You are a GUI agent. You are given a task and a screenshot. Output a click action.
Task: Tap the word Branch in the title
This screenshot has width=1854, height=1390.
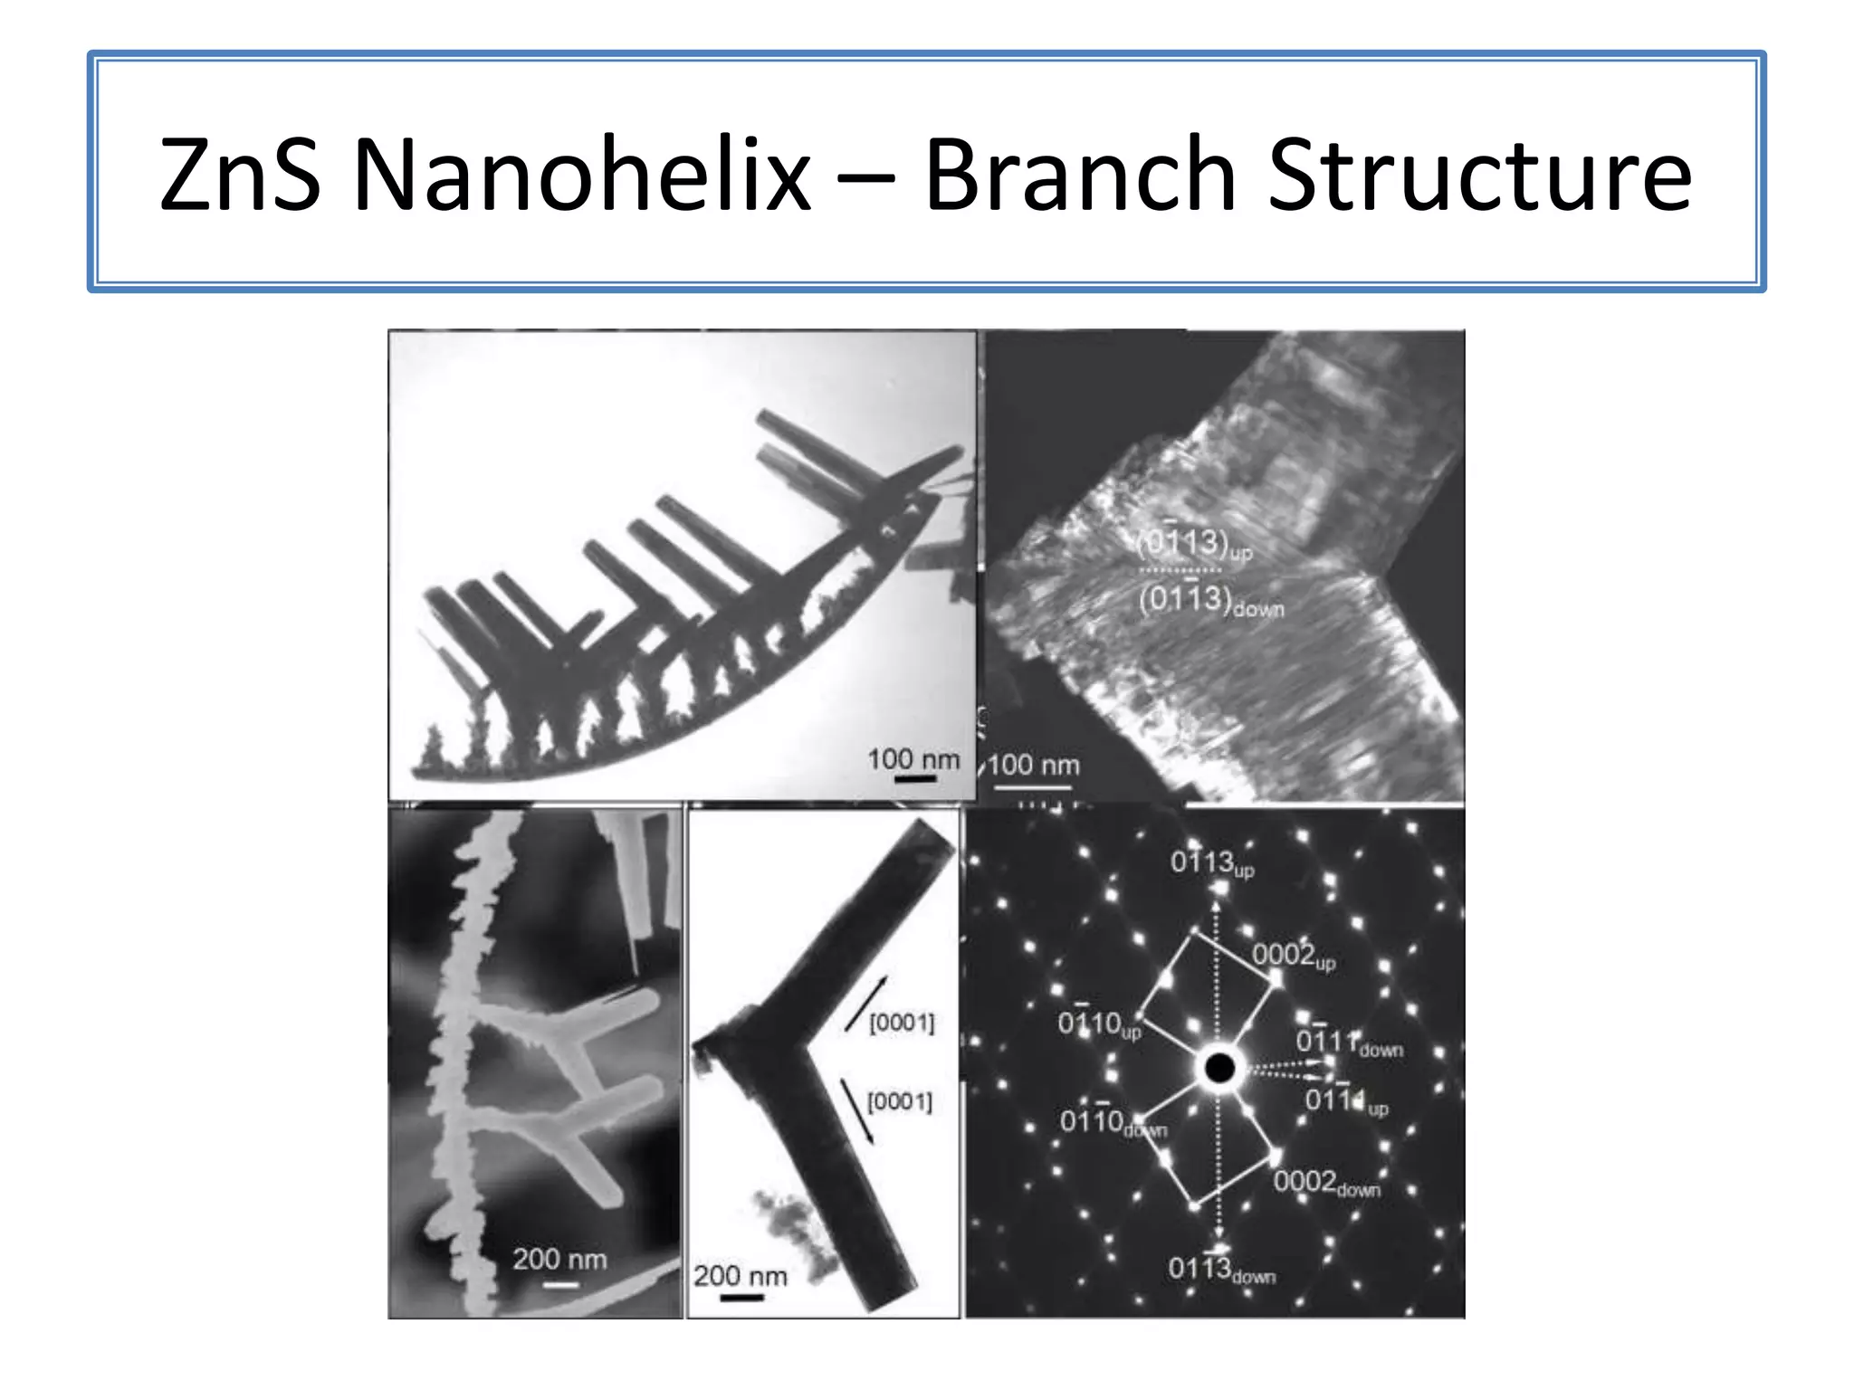tap(1080, 173)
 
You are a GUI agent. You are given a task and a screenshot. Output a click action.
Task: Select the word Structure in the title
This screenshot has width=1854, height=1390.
tap(1478, 173)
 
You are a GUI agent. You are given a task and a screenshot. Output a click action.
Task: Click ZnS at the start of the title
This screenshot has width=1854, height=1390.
tap(239, 173)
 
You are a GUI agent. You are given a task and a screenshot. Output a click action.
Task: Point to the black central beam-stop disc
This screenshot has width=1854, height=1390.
tap(1218, 1069)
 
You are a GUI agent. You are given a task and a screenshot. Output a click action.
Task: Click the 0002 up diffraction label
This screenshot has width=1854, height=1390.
tap(1293, 956)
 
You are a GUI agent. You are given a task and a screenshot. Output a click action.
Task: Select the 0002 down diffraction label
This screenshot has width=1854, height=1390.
tap(1326, 1183)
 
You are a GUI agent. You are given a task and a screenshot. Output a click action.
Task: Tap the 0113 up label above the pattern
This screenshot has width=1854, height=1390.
tap(1211, 862)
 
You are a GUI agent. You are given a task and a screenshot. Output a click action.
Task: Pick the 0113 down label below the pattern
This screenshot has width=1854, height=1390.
tap(1220, 1270)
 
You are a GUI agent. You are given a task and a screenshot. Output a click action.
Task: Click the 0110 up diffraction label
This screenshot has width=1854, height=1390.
tap(1098, 1024)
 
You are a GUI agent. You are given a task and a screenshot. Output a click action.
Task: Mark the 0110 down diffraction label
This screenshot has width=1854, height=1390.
tap(1113, 1123)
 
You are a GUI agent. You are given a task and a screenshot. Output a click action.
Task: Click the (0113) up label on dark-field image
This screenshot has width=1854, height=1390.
tap(1194, 544)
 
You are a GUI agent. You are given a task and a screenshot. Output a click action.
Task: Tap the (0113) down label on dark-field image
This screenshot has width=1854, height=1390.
tap(1210, 601)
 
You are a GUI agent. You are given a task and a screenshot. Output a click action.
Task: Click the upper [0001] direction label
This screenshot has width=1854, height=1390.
tap(901, 1023)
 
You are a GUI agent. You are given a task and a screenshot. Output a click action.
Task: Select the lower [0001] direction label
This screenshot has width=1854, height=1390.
tap(899, 1102)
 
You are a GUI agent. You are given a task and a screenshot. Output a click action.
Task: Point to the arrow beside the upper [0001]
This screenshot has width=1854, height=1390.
tap(865, 1004)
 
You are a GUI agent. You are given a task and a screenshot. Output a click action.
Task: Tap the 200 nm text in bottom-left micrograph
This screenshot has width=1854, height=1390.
tap(559, 1259)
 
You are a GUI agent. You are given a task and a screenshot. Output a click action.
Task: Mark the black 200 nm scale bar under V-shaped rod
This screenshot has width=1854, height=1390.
tap(741, 1298)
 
